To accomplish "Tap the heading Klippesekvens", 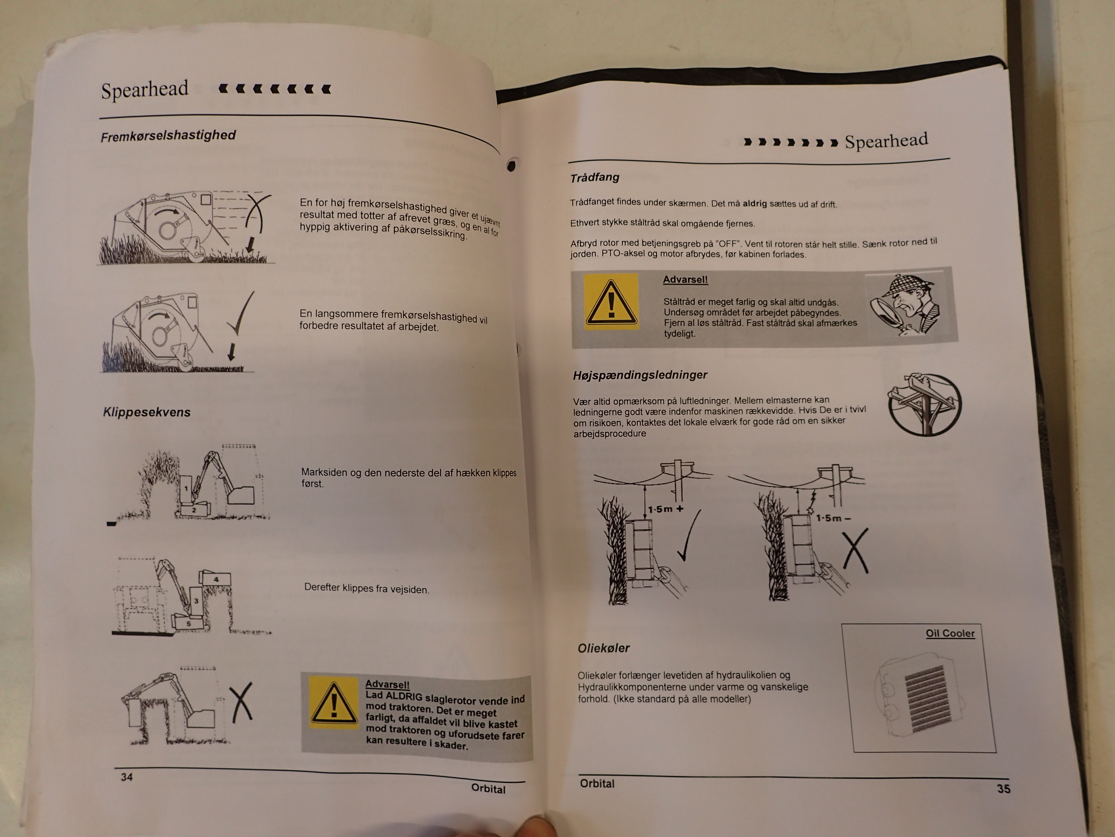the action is pyautogui.click(x=147, y=412).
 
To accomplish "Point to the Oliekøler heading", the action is pyautogui.click(x=603, y=648).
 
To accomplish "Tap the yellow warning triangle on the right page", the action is pyautogui.click(x=611, y=302).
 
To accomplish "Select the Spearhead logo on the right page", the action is pyautogui.click(x=886, y=141).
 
